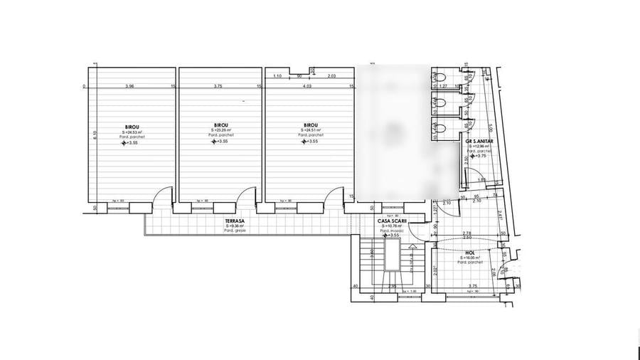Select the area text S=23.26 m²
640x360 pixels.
tap(220, 131)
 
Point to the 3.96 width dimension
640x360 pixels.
tap(129, 87)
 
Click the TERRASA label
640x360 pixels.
tap(235, 221)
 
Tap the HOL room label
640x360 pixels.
tap(470, 252)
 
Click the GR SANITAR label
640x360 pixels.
tap(480, 141)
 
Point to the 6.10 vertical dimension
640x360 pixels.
tap(95, 135)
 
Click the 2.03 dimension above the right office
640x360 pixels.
tap(331, 75)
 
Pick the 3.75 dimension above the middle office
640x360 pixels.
tap(218, 87)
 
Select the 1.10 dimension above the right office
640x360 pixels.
tap(277, 75)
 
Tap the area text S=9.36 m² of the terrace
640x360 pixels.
tap(234, 226)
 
